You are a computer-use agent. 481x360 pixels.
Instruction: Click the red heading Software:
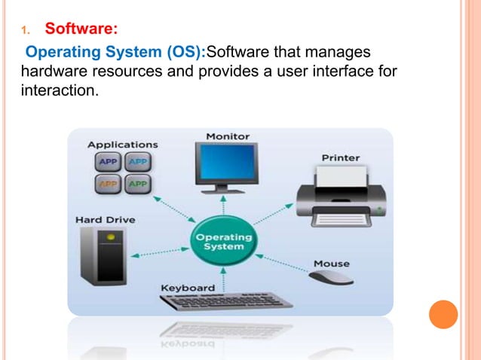tap(81, 29)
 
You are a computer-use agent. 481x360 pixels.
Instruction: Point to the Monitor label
tap(228, 136)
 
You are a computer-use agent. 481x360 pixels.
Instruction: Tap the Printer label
tap(341, 158)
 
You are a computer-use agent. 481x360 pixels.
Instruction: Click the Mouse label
tap(331, 264)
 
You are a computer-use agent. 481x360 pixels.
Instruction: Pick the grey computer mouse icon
tap(331, 278)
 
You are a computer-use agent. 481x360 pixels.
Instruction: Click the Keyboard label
tap(188, 288)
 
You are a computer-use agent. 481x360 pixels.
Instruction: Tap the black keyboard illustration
tap(226, 301)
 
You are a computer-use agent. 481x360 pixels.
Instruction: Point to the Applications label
tap(123, 144)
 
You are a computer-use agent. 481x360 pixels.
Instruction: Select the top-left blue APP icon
tap(109, 162)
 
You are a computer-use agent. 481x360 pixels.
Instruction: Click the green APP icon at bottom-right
tap(137, 182)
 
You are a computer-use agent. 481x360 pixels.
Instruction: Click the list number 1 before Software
tap(24, 31)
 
